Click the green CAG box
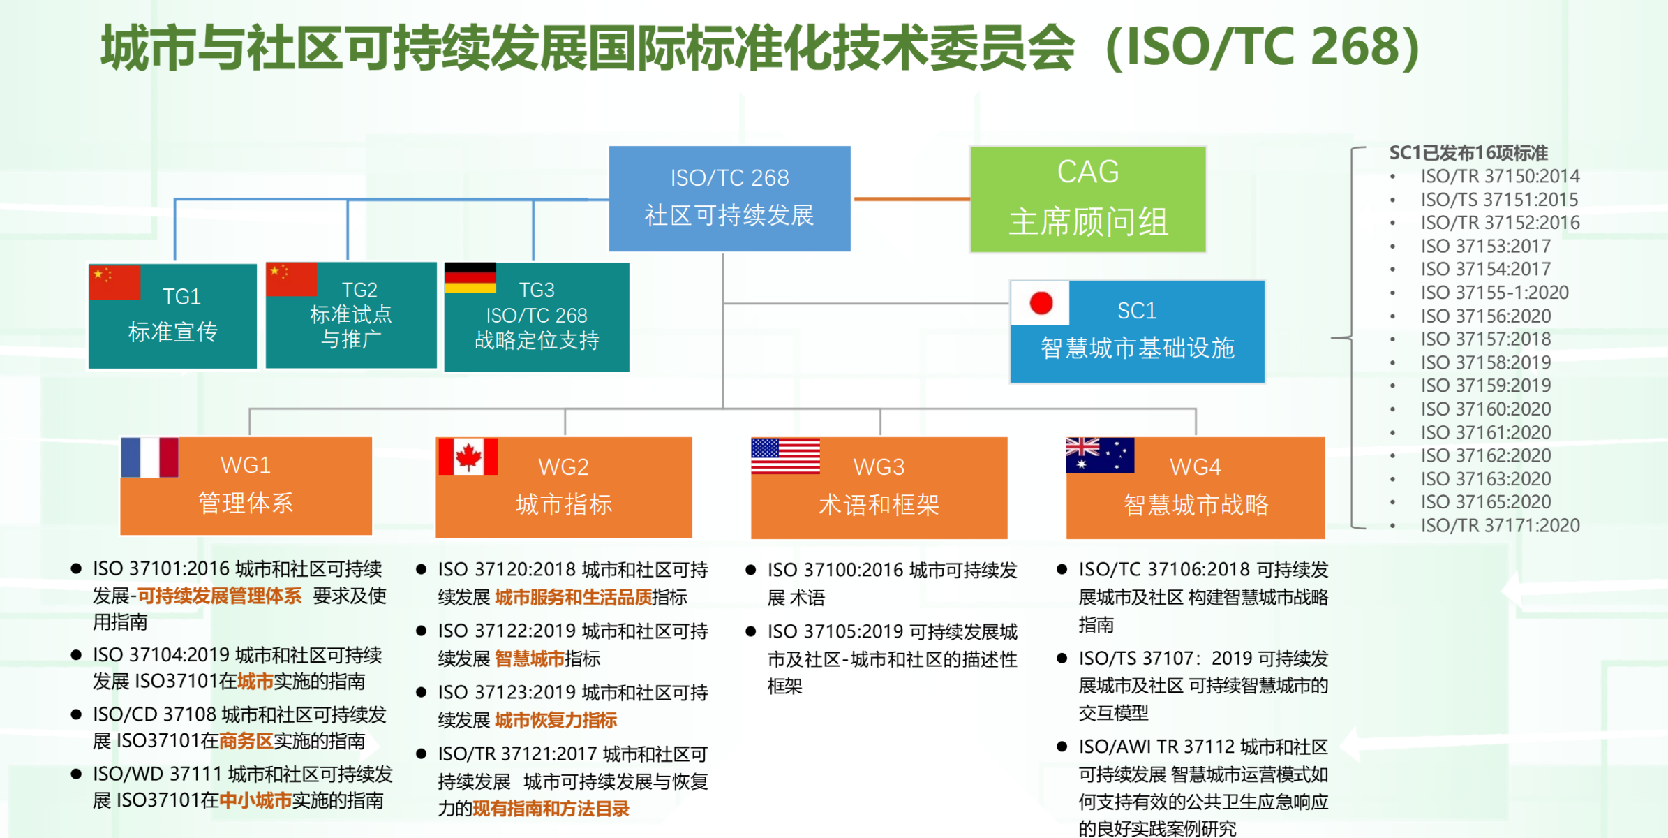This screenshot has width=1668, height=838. pyautogui.click(x=1087, y=199)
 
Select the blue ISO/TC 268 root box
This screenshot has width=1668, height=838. pyautogui.click(x=729, y=198)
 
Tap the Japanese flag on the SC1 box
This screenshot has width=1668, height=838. pyautogui.click(x=1041, y=303)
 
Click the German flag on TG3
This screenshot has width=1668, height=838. pyautogui.click(x=470, y=278)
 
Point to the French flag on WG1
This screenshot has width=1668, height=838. pyautogui.click(x=149, y=457)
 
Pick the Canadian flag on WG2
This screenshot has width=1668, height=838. pyautogui.click(x=468, y=457)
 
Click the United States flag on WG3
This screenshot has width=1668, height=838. pyautogui.click(x=785, y=456)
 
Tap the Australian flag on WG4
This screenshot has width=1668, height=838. pyautogui.click(x=1099, y=455)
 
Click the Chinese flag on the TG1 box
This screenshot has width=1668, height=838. pyautogui.click(x=115, y=282)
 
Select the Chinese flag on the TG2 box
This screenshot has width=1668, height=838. pyautogui.click(x=292, y=279)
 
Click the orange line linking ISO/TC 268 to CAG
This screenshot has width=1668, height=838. pyautogui.click(x=911, y=199)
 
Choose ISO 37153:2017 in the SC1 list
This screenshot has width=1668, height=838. pyautogui.click(x=1485, y=246)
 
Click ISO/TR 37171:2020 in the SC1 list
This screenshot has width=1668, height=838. pyautogui.click(x=1500, y=525)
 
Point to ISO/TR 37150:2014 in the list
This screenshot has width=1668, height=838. pyautogui.click(x=1500, y=176)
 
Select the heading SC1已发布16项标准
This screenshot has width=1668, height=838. pyautogui.click(x=1468, y=153)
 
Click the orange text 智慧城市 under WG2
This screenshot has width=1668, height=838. pyautogui.click(x=530, y=659)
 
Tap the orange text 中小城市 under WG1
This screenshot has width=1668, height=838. pyautogui.click(x=255, y=800)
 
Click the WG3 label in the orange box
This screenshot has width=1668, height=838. pyautogui.click(x=879, y=466)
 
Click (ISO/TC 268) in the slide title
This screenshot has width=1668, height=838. pyautogui.click(x=1263, y=47)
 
